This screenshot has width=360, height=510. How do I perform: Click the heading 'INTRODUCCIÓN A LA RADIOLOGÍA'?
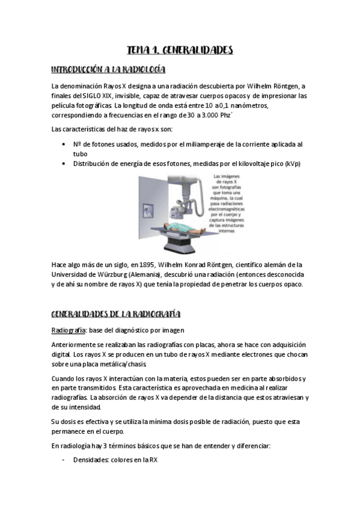pyautogui.click(x=109, y=69)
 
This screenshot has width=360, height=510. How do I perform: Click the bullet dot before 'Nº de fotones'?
pyautogui.click(x=64, y=144)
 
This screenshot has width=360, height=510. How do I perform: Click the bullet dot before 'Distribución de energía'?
pyautogui.click(x=64, y=163)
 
